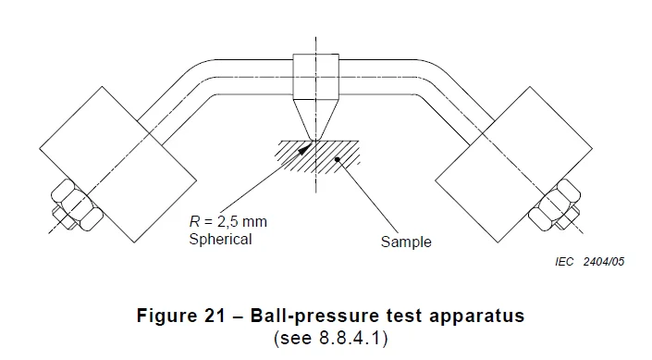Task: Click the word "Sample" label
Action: (x=406, y=243)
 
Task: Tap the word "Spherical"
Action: (x=220, y=239)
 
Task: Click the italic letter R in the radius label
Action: (x=193, y=223)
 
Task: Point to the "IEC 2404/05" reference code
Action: (x=593, y=262)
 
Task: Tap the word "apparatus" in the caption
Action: (x=478, y=316)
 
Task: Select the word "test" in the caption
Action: (x=399, y=316)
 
